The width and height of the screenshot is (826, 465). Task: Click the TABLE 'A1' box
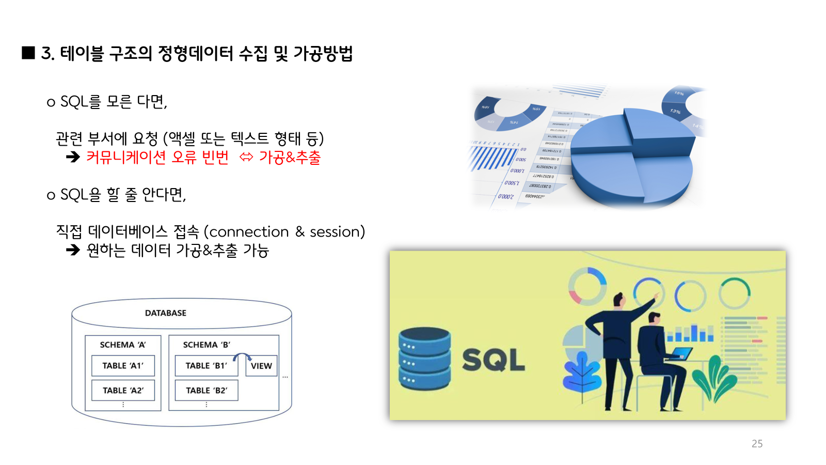(x=123, y=366)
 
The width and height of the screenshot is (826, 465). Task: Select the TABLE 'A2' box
(x=123, y=391)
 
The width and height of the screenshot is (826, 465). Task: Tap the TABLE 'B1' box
(x=206, y=366)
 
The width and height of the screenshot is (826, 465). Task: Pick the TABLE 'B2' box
(x=206, y=391)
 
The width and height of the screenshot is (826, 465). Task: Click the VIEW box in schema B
(x=261, y=366)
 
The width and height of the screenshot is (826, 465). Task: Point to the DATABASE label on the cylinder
(x=166, y=313)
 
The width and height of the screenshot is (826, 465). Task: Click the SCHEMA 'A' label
(x=123, y=345)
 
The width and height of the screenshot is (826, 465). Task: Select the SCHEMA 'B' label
(x=206, y=345)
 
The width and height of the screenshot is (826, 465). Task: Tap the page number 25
(x=757, y=444)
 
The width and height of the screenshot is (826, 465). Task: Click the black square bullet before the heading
(x=28, y=53)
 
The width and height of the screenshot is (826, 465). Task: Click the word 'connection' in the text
(x=249, y=232)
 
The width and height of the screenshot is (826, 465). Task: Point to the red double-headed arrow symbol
(x=246, y=157)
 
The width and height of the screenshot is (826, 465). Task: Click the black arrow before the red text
(x=73, y=157)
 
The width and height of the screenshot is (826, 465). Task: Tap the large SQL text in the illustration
(x=493, y=360)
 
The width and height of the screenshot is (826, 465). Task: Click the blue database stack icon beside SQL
(x=424, y=359)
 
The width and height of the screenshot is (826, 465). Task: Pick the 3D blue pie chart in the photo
(x=631, y=158)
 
